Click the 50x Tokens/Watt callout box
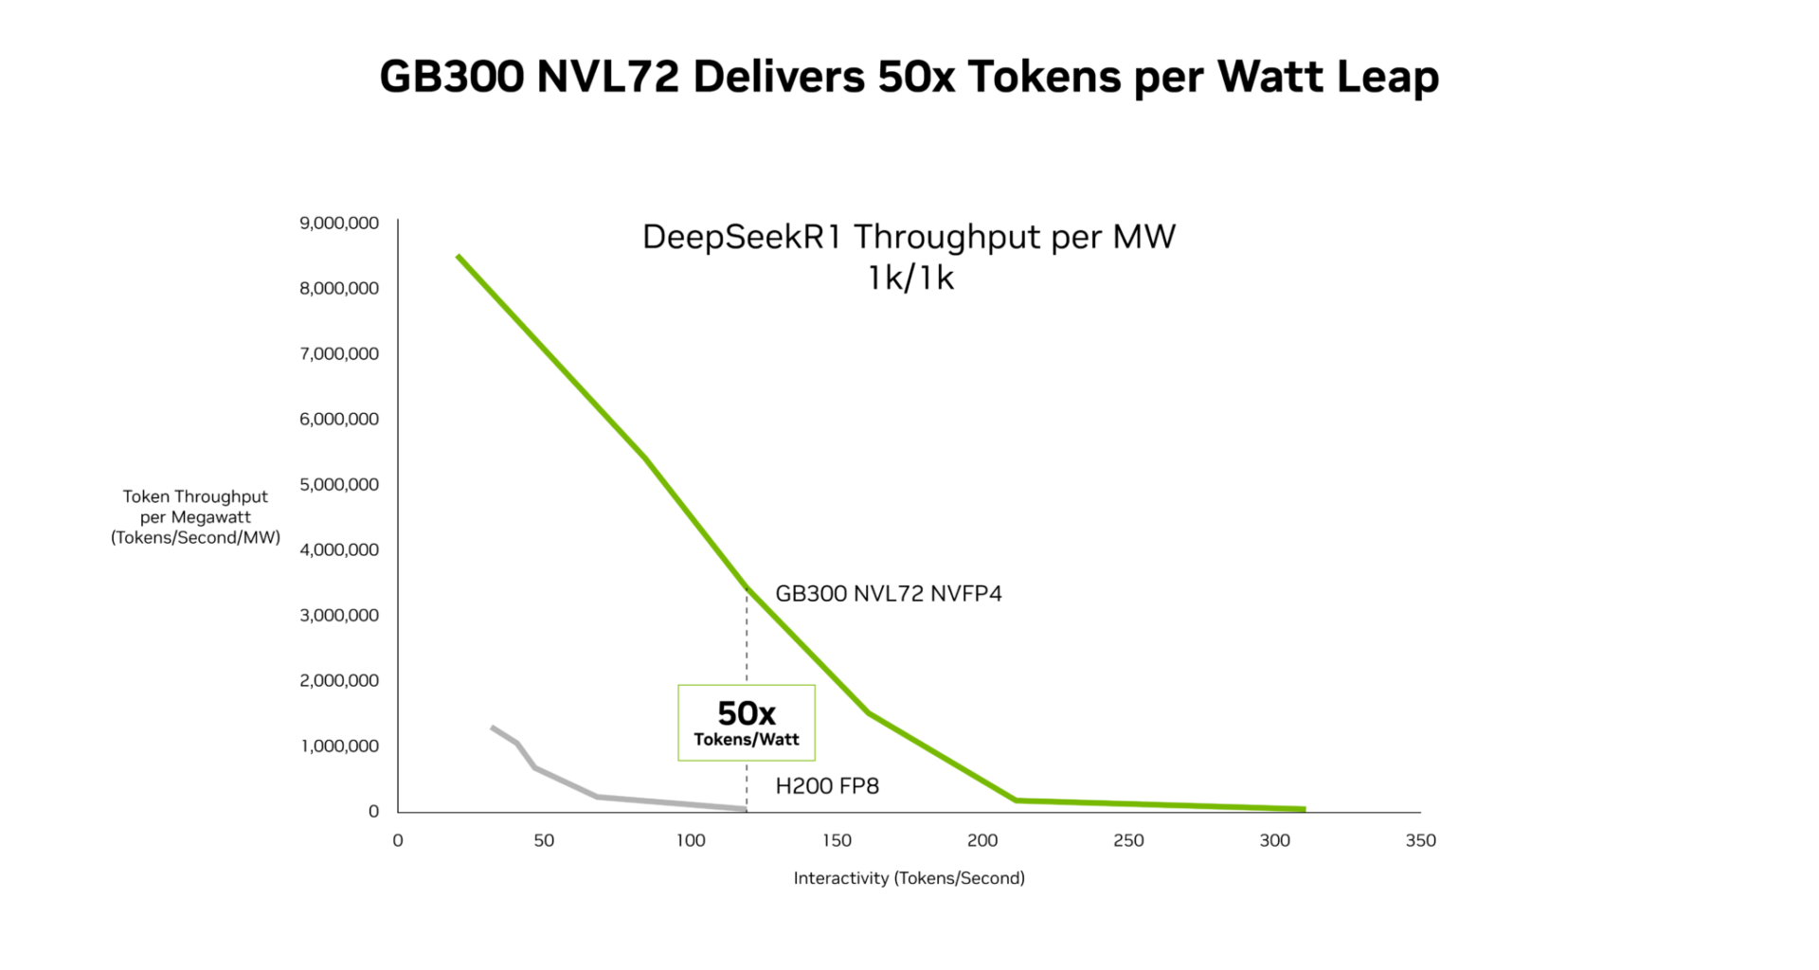(746, 723)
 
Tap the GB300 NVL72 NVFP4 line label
(888, 594)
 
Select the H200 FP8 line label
(827, 786)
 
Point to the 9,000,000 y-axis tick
(339, 224)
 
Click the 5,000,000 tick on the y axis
(339, 485)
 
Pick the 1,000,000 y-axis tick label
(339, 746)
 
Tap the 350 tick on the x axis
(1420, 840)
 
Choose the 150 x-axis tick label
(837, 840)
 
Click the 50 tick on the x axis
(544, 840)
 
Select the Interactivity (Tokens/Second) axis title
(909, 878)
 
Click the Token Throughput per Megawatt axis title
(195, 517)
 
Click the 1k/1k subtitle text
(909, 278)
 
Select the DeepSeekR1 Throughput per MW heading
(909, 237)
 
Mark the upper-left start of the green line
(459, 257)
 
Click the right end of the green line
(1304, 809)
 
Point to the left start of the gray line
(492, 727)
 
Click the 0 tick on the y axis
(373, 812)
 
